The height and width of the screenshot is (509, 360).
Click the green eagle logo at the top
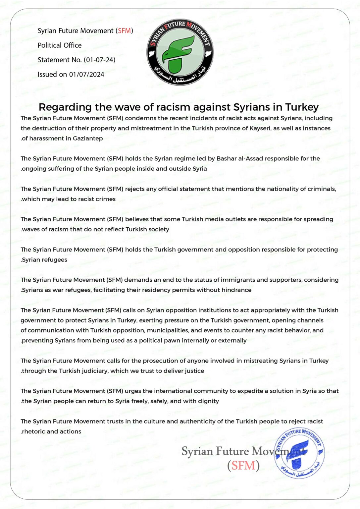click(180, 52)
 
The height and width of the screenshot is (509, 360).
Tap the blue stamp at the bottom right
click(299, 453)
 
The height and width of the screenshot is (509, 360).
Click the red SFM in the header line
click(125, 31)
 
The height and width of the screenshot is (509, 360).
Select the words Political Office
click(60, 45)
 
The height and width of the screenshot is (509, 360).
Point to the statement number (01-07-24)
click(99, 60)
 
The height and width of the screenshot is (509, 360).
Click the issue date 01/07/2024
click(86, 75)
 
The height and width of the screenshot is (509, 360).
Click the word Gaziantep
click(88, 139)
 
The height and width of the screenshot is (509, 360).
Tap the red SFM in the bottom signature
click(243, 466)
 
